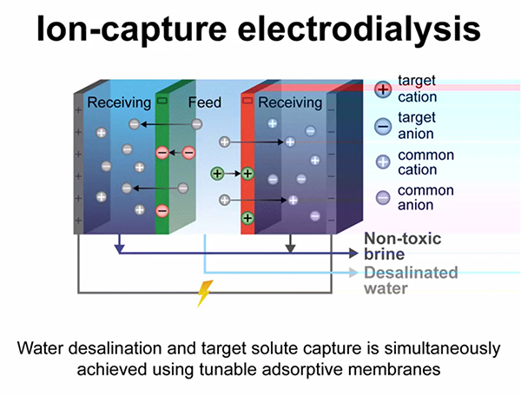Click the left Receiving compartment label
pyautogui.click(x=119, y=103)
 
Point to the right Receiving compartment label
pyautogui.click(x=290, y=103)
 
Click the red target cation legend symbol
pyautogui.click(x=382, y=89)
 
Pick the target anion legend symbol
pyautogui.click(x=382, y=126)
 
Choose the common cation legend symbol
pyautogui.click(x=382, y=162)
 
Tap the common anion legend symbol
pyautogui.click(x=382, y=198)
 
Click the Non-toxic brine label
pyautogui.click(x=402, y=246)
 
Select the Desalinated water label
pyautogui.click(x=411, y=280)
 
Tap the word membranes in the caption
pyautogui.click(x=408, y=368)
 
